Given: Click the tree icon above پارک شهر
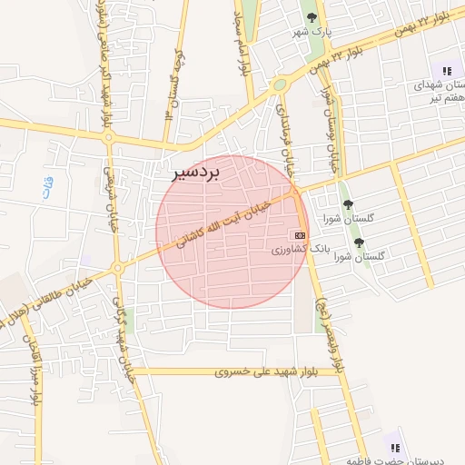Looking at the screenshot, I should pos(312,16).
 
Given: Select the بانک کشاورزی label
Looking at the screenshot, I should pos(291,248).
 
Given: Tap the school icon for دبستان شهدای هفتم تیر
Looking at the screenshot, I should pos(446,70).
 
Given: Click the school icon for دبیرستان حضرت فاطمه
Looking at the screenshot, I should pos(394,448).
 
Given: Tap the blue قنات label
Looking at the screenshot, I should pos(48,189).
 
